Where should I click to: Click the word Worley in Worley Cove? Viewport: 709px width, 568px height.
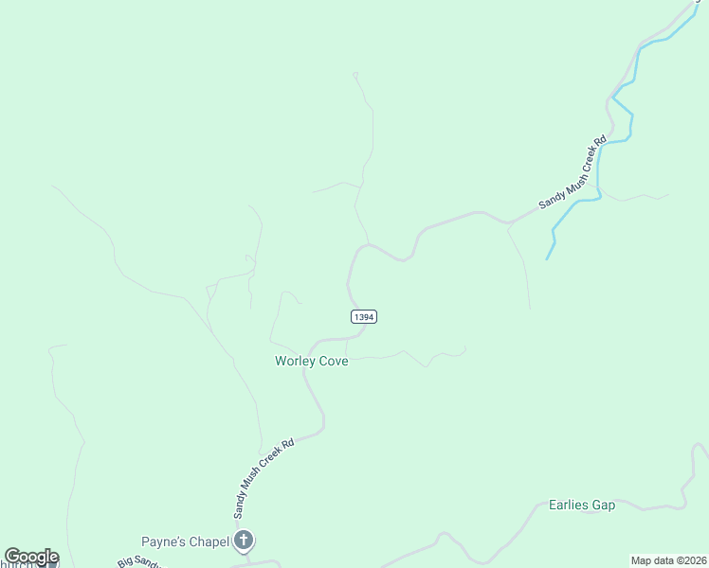293,361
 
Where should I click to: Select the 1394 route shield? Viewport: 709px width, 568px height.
364,317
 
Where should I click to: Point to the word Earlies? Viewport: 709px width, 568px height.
569,505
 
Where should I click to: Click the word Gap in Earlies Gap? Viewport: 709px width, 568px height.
604,505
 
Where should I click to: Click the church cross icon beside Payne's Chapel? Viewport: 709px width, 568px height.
244,541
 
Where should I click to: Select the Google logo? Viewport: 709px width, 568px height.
31,557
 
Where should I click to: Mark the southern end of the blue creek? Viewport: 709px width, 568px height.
548,258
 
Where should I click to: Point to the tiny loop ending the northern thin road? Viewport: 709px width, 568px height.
355,74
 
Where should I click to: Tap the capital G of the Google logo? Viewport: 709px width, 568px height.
12,557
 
